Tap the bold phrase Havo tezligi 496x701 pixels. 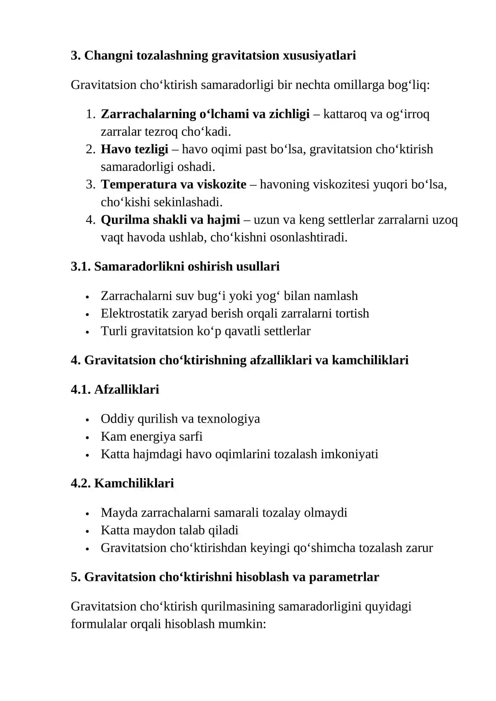click(135, 149)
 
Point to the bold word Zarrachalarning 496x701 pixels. click(148, 114)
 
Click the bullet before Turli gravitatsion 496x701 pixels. click(87, 332)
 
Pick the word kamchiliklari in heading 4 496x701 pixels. click(370, 360)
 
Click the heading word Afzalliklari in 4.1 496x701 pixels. click(126, 390)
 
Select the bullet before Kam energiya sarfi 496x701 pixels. click(87, 437)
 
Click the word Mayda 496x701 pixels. click(119, 513)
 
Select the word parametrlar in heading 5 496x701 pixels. click(344, 577)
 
